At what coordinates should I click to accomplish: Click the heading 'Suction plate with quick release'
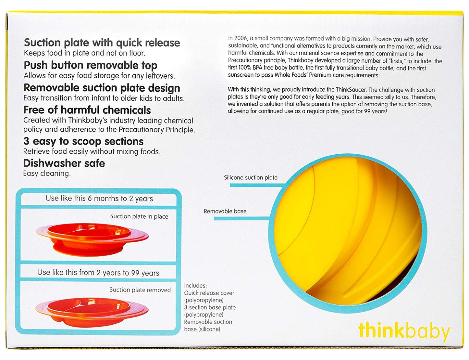coord(102,43)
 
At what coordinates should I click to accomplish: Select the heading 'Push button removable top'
coord(90,65)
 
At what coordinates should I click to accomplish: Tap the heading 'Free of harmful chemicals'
coord(87,110)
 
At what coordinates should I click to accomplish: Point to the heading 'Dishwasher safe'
coord(64,163)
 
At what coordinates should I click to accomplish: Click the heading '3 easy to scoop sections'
coord(83,141)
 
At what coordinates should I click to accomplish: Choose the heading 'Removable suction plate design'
coord(102,88)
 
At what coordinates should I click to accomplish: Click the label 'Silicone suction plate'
coord(251,178)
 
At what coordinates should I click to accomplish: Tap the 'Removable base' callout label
coord(225,211)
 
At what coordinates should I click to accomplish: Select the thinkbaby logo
coord(404,331)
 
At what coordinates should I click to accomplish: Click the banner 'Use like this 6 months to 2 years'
coord(99,199)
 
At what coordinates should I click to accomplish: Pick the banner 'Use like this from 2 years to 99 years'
coord(98,273)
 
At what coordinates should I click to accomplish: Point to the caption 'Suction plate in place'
coord(139,216)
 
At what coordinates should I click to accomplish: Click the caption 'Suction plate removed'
coord(140,290)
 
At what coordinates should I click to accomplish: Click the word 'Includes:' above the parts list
coord(195,286)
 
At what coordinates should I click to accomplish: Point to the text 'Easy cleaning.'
coord(47,174)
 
